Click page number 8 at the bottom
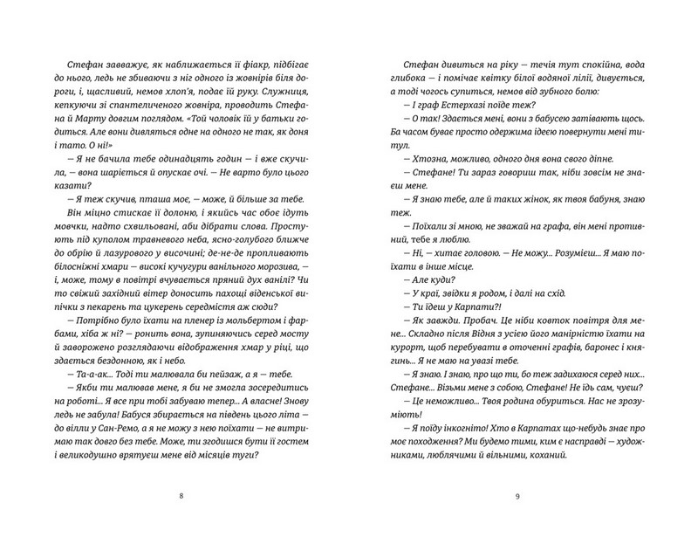[x=181, y=496]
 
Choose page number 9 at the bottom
[x=517, y=496]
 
